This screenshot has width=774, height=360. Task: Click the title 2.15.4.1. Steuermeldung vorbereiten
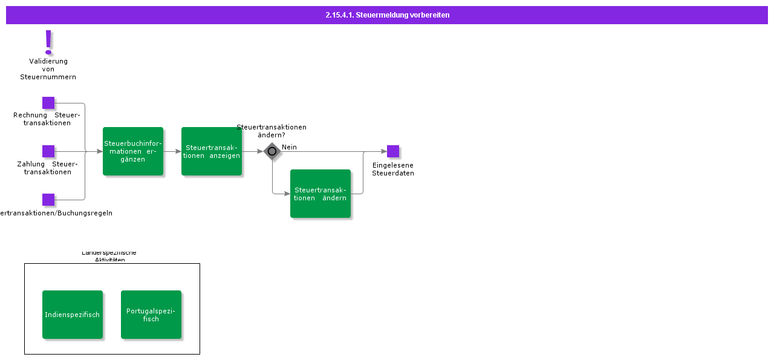tap(387, 15)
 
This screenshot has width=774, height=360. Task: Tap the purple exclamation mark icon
tap(48, 42)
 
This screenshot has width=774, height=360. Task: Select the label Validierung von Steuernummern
tap(48, 69)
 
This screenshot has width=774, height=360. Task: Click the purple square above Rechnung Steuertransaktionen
tap(48, 103)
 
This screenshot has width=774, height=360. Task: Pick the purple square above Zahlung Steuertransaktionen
tap(48, 151)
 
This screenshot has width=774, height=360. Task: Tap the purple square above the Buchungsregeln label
tap(48, 200)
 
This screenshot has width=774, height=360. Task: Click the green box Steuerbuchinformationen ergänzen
tap(133, 151)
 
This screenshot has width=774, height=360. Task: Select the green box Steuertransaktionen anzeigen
tap(212, 151)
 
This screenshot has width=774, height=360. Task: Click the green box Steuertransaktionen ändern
tap(320, 194)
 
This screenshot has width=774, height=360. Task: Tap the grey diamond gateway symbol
tap(272, 151)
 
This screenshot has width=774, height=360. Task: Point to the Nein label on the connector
tap(289, 147)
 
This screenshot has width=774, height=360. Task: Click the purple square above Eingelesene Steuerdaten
tap(393, 151)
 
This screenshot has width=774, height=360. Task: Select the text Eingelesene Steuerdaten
tap(393, 169)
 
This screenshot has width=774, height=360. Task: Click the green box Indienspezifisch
tap(73, 315)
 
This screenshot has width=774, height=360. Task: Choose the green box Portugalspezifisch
tap(151, 315)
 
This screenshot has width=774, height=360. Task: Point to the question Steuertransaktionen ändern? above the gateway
tap(272, 131)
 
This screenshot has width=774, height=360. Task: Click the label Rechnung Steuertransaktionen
tap(47, 119)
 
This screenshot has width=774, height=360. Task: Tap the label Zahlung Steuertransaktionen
tap(47, 168)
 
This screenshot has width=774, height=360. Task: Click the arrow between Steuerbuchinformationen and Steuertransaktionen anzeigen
tap(172, 151)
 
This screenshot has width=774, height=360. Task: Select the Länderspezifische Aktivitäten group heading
tap(109, 257)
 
